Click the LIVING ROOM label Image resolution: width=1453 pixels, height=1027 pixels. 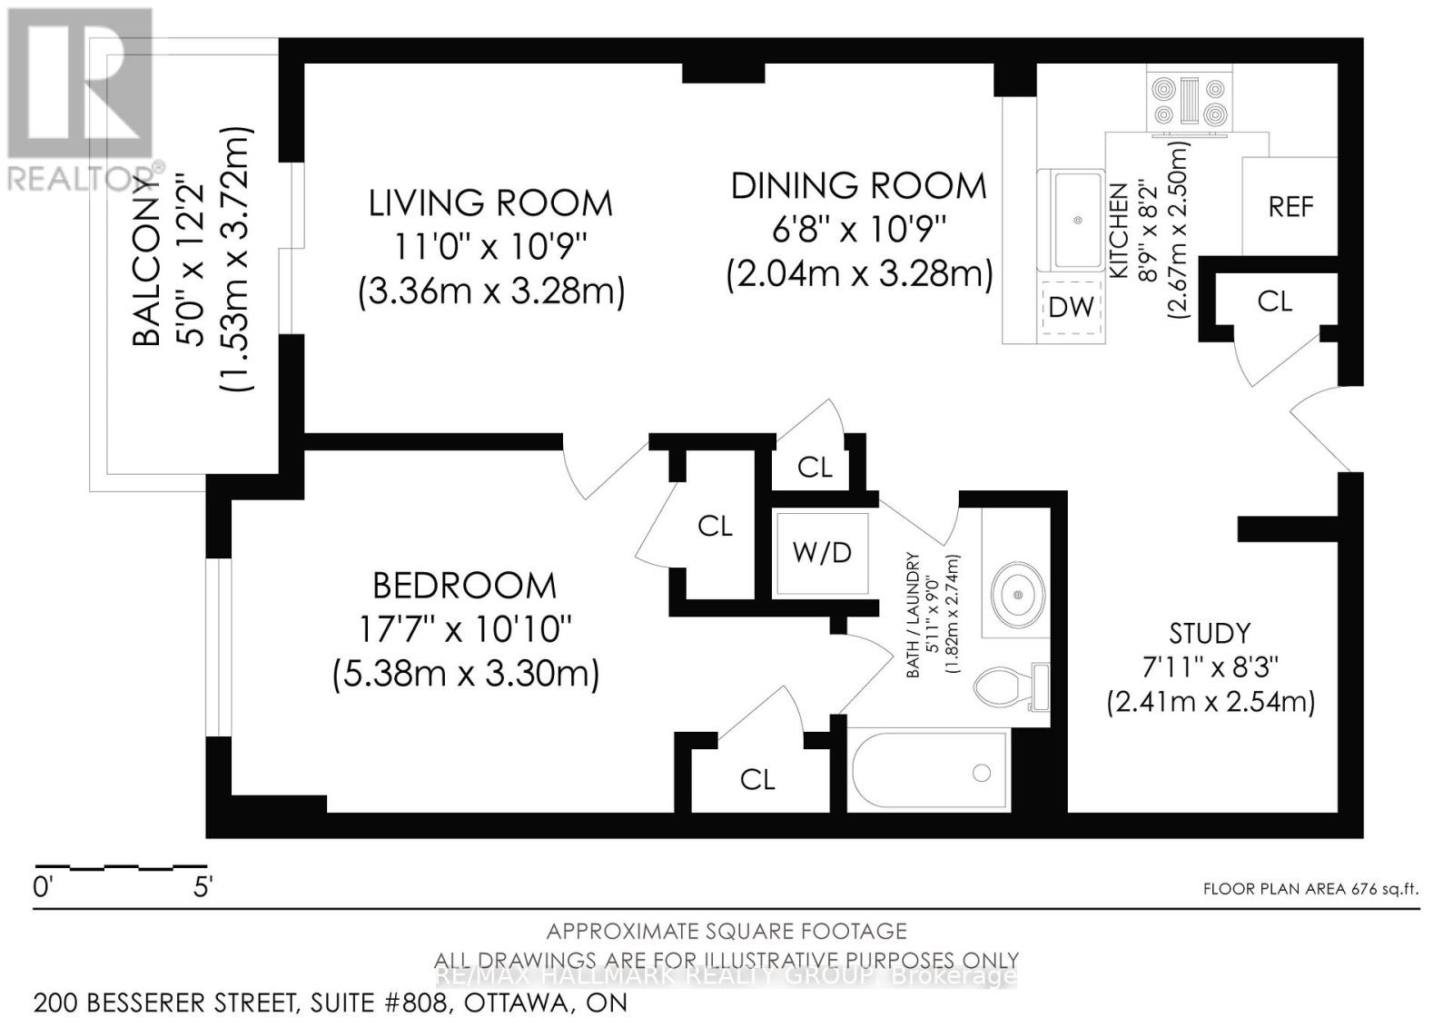pyautogui.click(x=490, y=202)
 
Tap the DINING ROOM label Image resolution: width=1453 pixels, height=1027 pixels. pyautogui.click(x=858, y=185)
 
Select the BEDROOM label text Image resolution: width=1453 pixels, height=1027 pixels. pyautogui.click(x=464, y=586)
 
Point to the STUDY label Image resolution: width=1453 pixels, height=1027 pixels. pyautogui.click(x=1210, y=633)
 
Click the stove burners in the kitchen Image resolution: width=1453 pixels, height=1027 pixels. pyautogui.click(x=1189, y=101)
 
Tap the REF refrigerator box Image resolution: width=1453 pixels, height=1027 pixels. pyautogui.click(x=1290, y=207)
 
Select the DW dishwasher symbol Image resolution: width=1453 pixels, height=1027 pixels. pyautogui.click(x=1071, y=307)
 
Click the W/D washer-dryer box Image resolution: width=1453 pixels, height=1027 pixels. pyautogui.click(x=822, y=553)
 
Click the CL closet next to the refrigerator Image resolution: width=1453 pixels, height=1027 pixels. pyautogui.click(x=1274, y=301)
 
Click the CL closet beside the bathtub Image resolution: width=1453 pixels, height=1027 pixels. pyautogui.click(x=757, y=779)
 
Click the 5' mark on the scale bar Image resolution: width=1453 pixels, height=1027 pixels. pyautogui.click(x=203, y=886)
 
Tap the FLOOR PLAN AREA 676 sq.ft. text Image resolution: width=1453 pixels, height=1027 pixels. pyautogui.click(x=1310, y=889)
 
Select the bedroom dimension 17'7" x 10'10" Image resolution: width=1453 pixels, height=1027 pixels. pyautogui.click(x=464, y=628)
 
